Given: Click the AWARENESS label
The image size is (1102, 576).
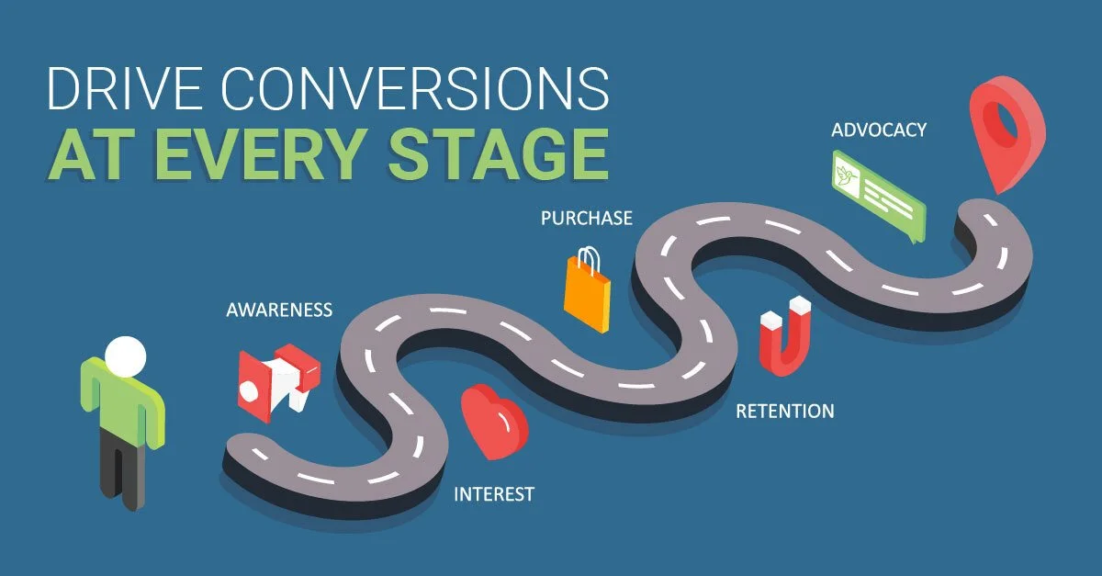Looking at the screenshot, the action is click(x=279, y=311).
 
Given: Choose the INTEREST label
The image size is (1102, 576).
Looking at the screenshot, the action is click(x=494, y=494).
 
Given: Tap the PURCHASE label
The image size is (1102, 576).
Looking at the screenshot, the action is click(x=586, y=218).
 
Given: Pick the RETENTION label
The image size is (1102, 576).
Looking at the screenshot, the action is click(x=785, y=411).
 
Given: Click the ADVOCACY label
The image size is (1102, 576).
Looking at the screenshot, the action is click(x=879, y=130).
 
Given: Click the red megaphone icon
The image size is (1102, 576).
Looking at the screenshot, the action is click(x=275, y=378).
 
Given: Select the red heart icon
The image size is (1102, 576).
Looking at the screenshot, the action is click(x=493, y=423).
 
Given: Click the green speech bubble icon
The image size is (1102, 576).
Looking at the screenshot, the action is click(x=876, y=196).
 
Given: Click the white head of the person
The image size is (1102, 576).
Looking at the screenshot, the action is click(x=125, y=355).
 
